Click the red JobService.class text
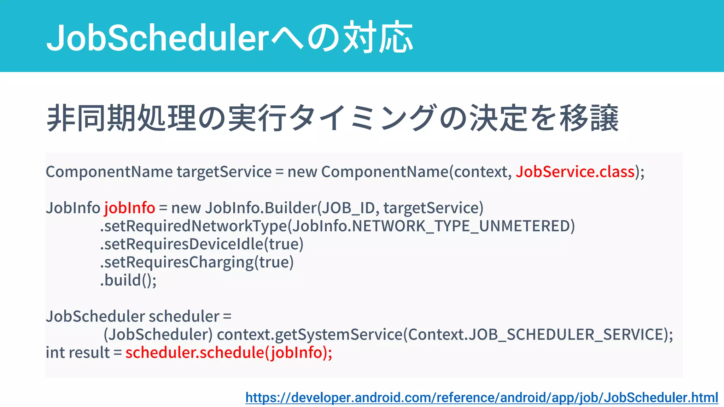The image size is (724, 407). tap(575, 172)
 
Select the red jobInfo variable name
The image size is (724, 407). tap(129, 208)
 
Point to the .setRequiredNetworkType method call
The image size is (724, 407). tap(194, 226)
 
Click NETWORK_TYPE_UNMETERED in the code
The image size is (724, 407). tap(461, 226)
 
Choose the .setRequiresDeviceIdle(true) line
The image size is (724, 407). tap(202, 244)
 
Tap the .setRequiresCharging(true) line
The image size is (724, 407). tap(197, 262)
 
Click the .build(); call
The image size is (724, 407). tap(128, 280)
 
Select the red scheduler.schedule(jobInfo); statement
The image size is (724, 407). tap(229, 353)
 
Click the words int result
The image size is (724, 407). tap(78, 353)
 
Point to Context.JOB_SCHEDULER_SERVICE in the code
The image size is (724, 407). tap(535, 334)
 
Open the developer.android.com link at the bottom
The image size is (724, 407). tap(481, 397)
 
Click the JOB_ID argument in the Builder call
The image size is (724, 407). tap(348, 208)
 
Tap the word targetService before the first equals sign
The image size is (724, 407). tap(224, 172)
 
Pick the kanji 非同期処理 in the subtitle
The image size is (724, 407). tap(121, 118)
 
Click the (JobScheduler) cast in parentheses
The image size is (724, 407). tap(158, 334)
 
